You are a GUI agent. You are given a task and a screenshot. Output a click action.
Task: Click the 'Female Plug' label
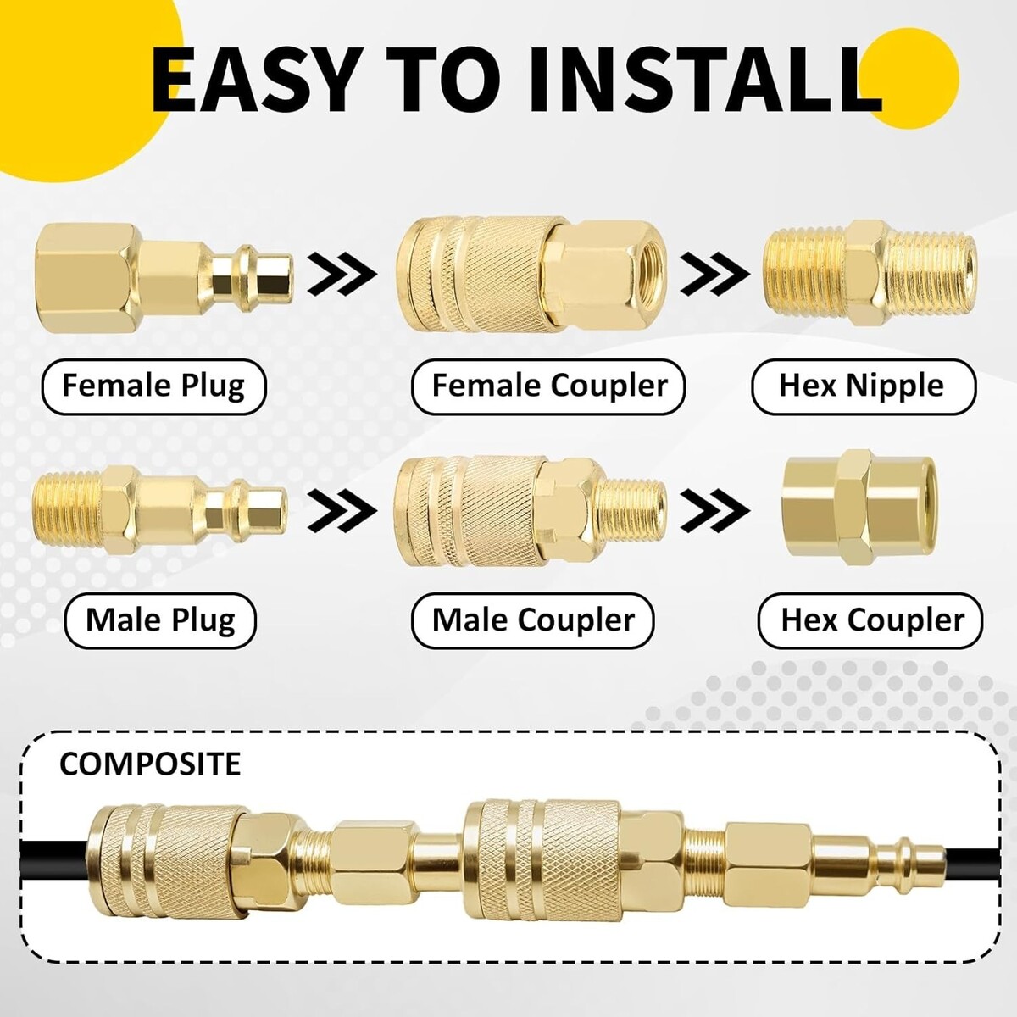pos(153,386)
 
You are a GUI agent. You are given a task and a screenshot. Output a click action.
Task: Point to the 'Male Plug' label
pos(160,620)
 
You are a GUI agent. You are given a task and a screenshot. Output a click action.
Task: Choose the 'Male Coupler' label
pos(532,620)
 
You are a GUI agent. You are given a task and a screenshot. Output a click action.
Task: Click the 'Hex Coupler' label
pos(871,620)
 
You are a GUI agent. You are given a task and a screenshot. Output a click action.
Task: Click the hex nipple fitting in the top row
pos(870,274)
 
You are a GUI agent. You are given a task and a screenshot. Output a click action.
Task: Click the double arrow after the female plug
pos(342,274)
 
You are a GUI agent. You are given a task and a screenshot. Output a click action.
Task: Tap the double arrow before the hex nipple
pos(715,274)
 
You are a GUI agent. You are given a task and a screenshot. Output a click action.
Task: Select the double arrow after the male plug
pos(342,510)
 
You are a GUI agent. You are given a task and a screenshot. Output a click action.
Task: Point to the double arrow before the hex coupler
pos(715,510)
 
